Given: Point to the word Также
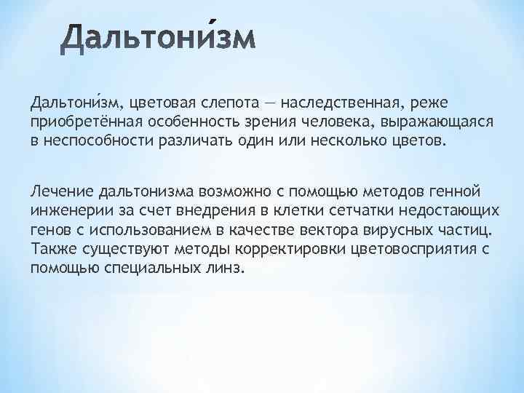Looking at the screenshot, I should [x=48, y=248].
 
